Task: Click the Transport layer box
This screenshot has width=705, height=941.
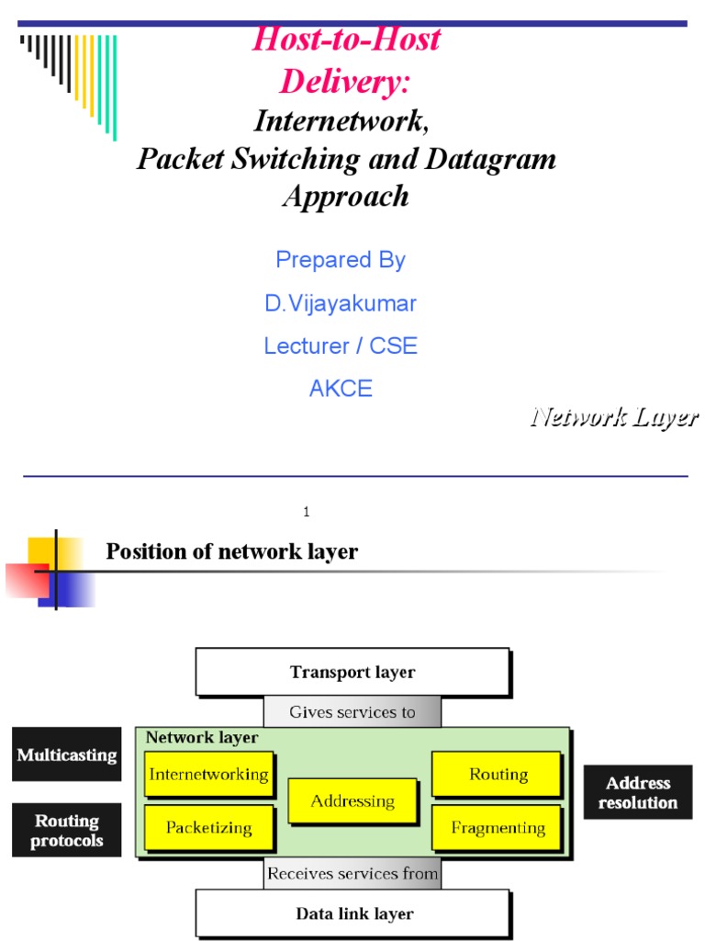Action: [x=352, y=672]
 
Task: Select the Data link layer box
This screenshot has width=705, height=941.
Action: [x=352, y=913]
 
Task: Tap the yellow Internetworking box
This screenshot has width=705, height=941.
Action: [x=208, y=774]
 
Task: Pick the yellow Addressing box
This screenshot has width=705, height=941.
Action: [x=352, y=800]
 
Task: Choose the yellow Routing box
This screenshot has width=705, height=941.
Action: [x=496, y=774]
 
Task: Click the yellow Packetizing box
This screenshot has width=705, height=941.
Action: [x=208, y=827]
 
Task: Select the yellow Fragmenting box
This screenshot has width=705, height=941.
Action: [x=496, y=828]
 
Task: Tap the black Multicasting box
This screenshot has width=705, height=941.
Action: [x=67, y=754]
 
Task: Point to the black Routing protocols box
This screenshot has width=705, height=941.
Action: [x=67, y=830]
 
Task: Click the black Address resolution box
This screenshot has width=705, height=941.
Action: [x=638, y=792]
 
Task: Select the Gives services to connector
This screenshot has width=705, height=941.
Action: [x=352, y=711]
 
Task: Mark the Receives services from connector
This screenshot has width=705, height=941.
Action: [x=352, y=873]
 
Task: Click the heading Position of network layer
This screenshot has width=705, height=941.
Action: [x=231, y=551]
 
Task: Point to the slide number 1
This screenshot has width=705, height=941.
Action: [x=306, y=512]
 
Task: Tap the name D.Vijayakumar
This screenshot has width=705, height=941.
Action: [x=341, y=302]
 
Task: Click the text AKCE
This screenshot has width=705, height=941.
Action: [x=341, y=388]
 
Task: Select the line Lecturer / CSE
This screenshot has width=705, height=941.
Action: [x=341, y=346]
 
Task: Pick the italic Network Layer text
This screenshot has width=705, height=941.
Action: [x=613, y=417]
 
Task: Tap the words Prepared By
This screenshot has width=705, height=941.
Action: [x=341, y=260]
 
